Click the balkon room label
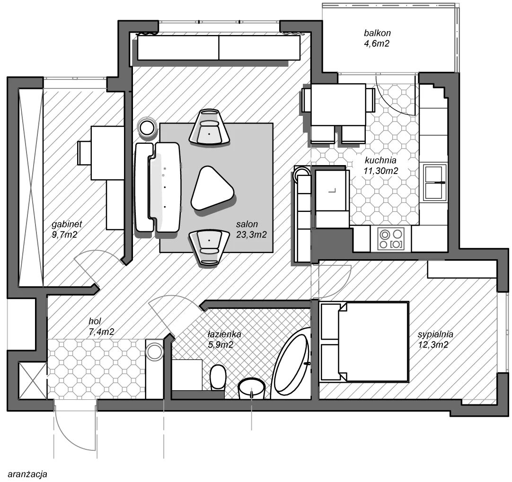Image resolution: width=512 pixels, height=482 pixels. [x=377, y=38]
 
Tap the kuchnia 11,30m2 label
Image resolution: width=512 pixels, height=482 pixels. [x=381, y=165]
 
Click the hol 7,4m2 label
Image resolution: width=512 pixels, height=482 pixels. [x=101, y=326]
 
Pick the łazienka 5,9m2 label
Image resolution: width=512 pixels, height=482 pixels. [x=224, y=339]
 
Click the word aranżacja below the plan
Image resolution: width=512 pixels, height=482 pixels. [x=27, y=473]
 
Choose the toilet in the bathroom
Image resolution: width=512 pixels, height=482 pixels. [x=218, y=377]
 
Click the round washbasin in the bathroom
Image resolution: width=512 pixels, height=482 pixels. [x=251, y=388]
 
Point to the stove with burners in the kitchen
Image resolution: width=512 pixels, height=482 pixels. [x=391, y=239]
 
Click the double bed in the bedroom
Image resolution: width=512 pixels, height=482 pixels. [x=364, y=342]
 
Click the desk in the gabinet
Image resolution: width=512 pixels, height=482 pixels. [x=107, y=153]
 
